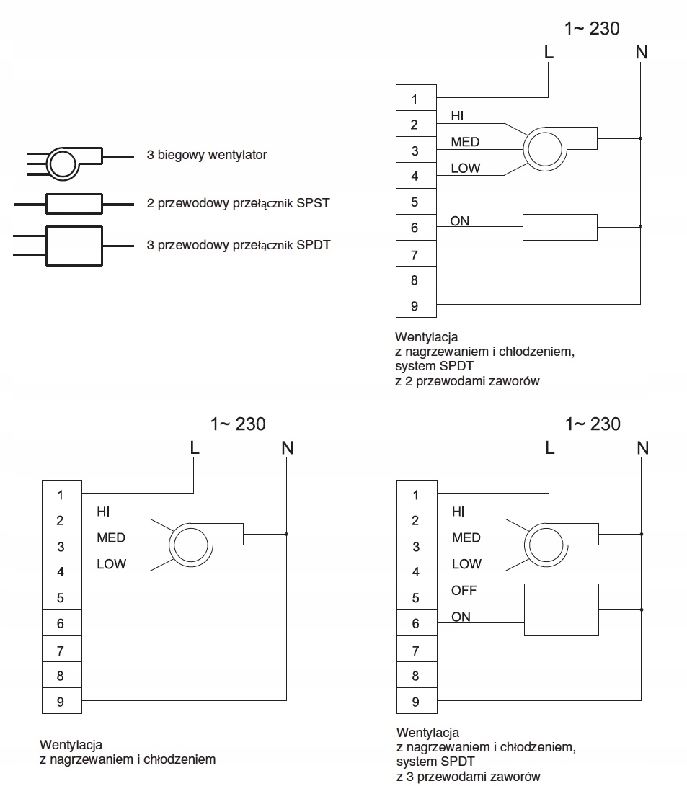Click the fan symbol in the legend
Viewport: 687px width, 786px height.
[x=63, y=164]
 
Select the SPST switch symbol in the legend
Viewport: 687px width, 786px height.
[x=74, y=204]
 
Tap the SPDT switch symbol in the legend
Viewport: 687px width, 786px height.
[x=74, y=246]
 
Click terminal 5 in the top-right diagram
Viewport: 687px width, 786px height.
[x=416, y=202]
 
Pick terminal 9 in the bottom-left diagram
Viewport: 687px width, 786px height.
[x=62, y=701]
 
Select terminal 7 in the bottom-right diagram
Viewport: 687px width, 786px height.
[x=417, y=650]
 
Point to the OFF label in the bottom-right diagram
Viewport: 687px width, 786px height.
[x=464, y=591]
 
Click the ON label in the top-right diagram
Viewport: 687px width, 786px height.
[x=460, y=221]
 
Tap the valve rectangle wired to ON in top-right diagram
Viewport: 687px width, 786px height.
[x=560, y=227]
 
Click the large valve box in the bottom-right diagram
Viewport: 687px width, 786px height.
[x=562, y=609]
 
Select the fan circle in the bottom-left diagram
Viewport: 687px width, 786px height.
[x=191, y=545]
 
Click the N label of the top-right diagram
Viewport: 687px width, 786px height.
[x=642, y=52]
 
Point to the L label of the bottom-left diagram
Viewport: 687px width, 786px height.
[x=195, y=447]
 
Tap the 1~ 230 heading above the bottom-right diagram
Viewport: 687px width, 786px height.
[x=593, y=424]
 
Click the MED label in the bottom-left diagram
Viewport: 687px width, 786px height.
[x=111, y=538]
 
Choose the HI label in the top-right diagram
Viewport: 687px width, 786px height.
[x=457, y=116]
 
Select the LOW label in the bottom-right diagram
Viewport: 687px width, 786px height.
[x=466, y=564]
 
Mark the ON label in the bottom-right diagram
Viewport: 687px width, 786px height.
[x=461, y=617]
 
